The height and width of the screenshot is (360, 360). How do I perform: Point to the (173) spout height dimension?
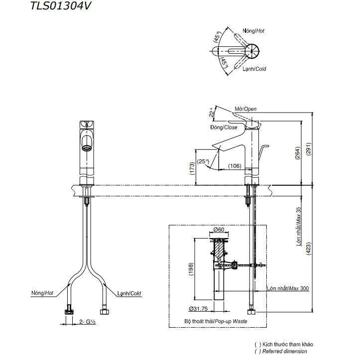[192, 168]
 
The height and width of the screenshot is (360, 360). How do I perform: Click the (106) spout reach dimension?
[235, 166]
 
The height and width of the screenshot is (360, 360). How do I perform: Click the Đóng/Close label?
[224, 127]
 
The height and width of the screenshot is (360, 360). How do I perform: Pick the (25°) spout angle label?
[203, 161]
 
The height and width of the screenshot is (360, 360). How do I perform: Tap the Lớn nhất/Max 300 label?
[287, 288]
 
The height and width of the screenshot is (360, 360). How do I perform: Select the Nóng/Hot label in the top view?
[253, 31]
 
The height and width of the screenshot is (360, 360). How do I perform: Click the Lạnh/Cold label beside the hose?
[129, 293]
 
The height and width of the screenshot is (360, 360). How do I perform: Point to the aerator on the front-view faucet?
[86, 148]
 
